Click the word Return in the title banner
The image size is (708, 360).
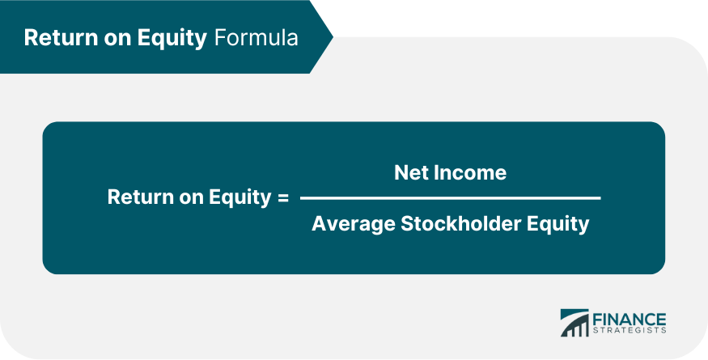(56, 38)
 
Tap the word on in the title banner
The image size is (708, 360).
(108, 38)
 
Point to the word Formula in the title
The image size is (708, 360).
(256, 38)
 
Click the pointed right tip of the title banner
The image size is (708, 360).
(331, 37)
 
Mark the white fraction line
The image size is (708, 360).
(450, 197)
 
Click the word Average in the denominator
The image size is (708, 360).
(353, 224)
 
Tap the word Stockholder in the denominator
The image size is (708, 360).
(464, 224)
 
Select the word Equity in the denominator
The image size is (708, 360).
(561, 224)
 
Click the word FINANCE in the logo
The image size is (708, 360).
(630, 318)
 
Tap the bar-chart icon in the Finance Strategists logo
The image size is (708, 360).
(574, 322)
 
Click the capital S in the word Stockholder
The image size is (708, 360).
(408, 224)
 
